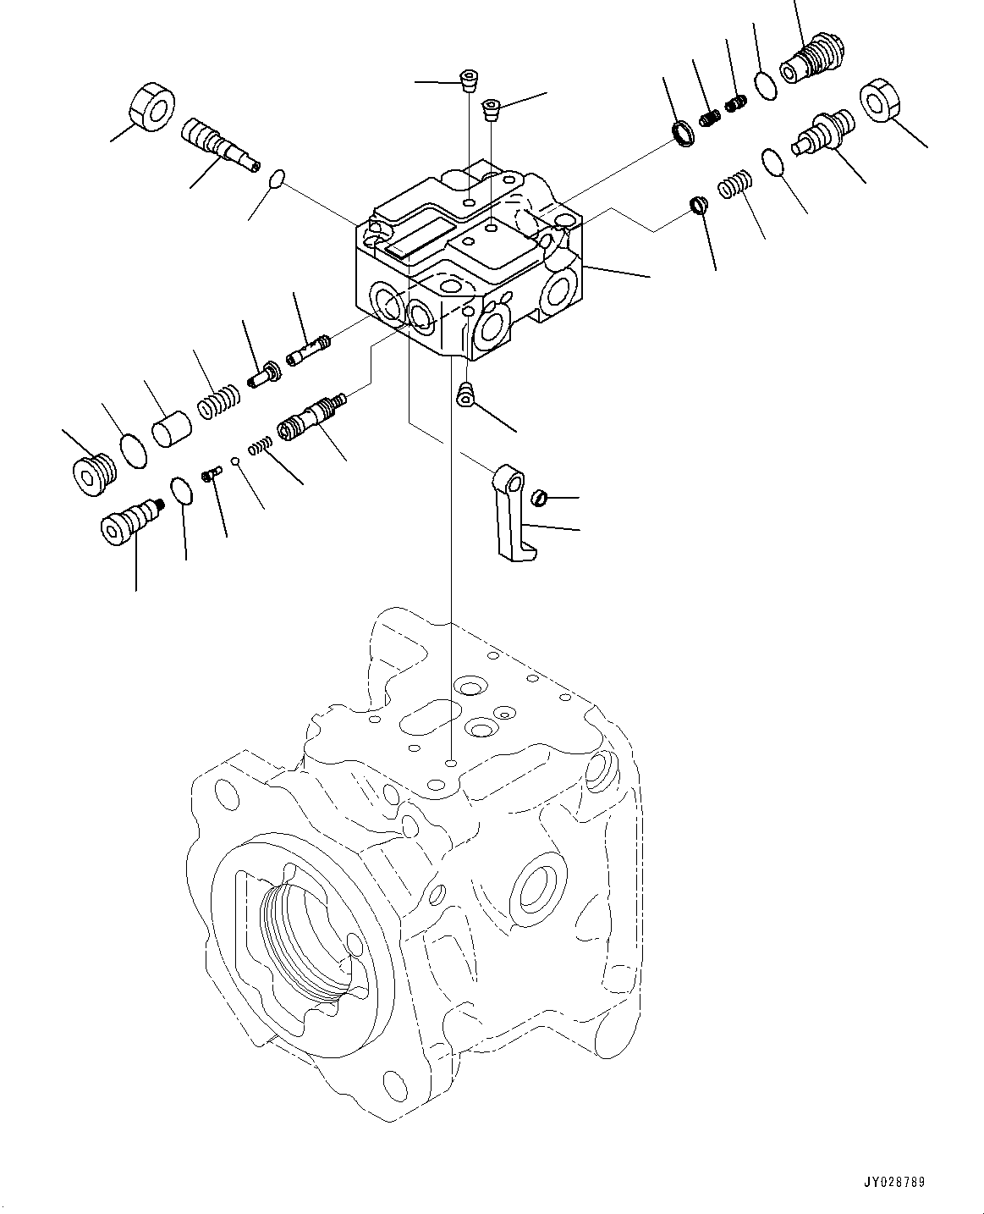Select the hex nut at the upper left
152,106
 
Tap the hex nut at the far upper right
883,100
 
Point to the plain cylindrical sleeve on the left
173,423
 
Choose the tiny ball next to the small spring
239,461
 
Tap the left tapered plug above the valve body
469,81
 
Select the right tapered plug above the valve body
491,108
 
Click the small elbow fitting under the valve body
464,395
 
